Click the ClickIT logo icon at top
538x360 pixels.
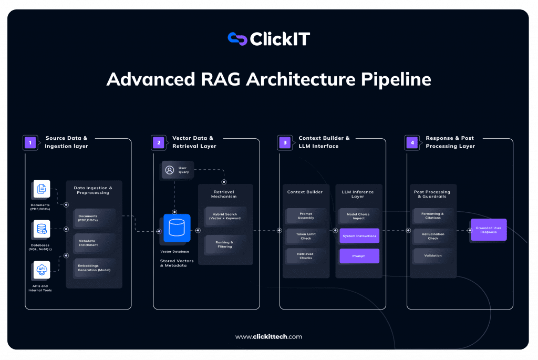237,38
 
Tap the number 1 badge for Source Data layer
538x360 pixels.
30,142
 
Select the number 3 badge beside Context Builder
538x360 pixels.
285,142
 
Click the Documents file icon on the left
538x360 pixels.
41,189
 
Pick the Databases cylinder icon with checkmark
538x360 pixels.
41,230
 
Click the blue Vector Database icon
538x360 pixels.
177,228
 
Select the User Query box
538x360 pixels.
178,170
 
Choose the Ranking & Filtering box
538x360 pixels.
225,244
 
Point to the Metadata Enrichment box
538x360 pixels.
94,243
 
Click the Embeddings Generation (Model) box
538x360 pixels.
94,268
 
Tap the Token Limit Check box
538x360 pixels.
306,236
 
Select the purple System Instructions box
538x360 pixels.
359,236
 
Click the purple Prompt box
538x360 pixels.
359,256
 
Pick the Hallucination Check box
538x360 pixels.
433,236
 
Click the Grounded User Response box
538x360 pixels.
489,230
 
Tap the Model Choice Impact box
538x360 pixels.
359,216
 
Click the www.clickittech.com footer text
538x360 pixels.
268,337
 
